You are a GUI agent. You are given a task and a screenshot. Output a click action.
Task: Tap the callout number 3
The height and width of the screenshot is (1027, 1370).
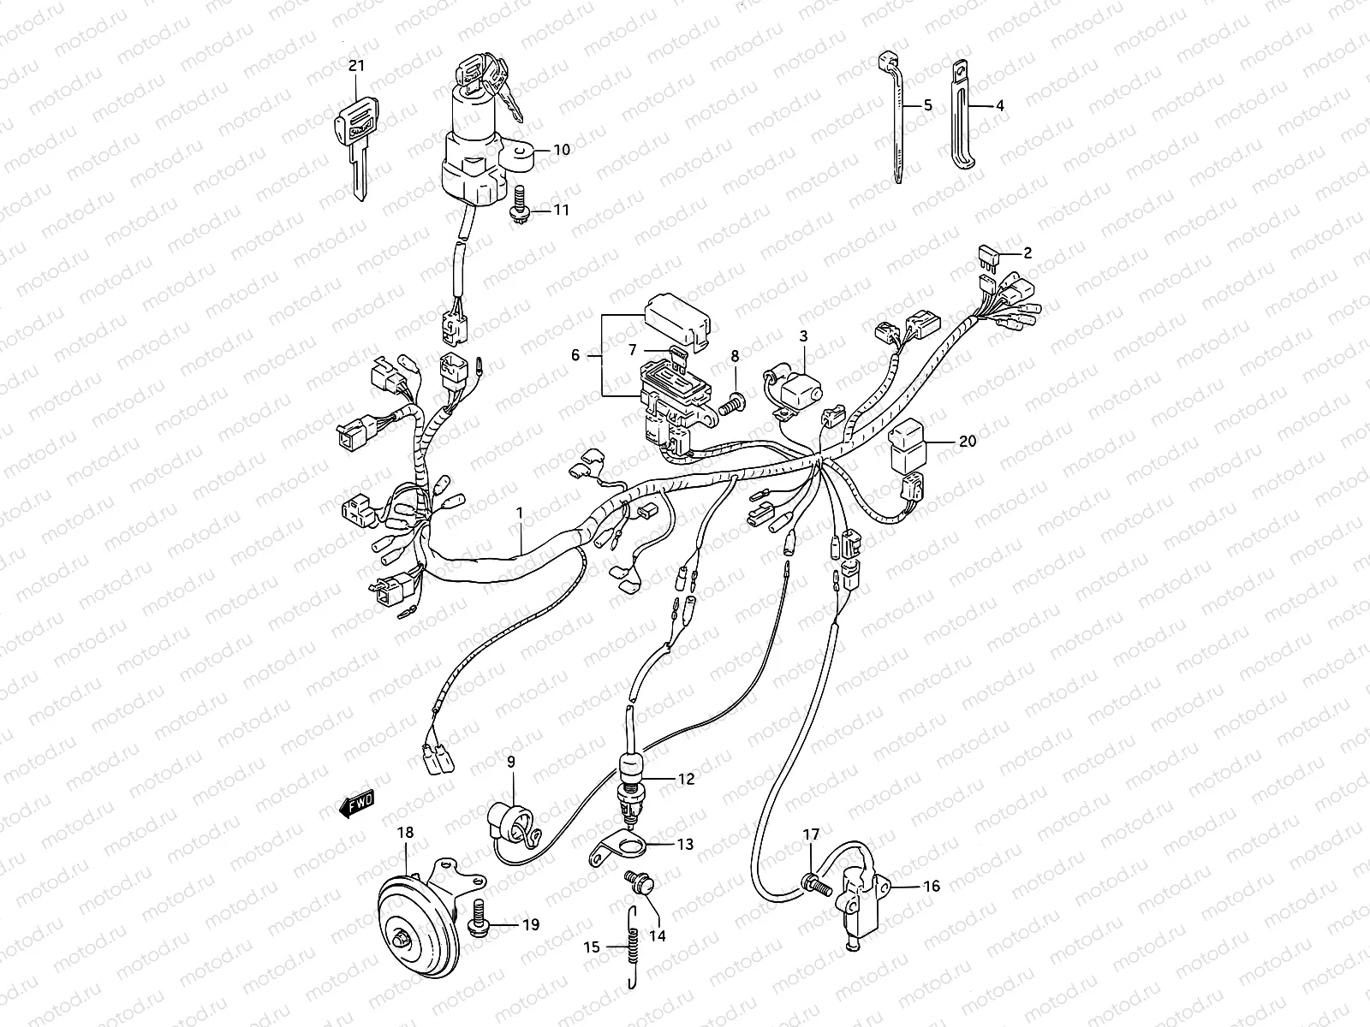point(803,336)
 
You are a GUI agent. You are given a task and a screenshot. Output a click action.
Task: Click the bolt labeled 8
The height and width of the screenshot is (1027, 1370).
point(733,401)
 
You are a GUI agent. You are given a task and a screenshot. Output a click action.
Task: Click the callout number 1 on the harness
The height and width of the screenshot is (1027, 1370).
point(519,513)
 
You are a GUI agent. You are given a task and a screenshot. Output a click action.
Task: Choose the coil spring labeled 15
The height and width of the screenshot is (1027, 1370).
point(632,950)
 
